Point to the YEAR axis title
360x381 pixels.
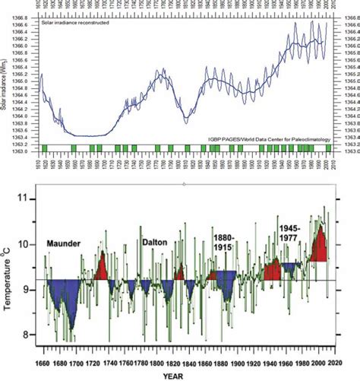(x=181, y=375)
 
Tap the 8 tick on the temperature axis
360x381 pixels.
(x=30, y=335)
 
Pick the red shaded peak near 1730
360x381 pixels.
(x=102, y=266)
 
